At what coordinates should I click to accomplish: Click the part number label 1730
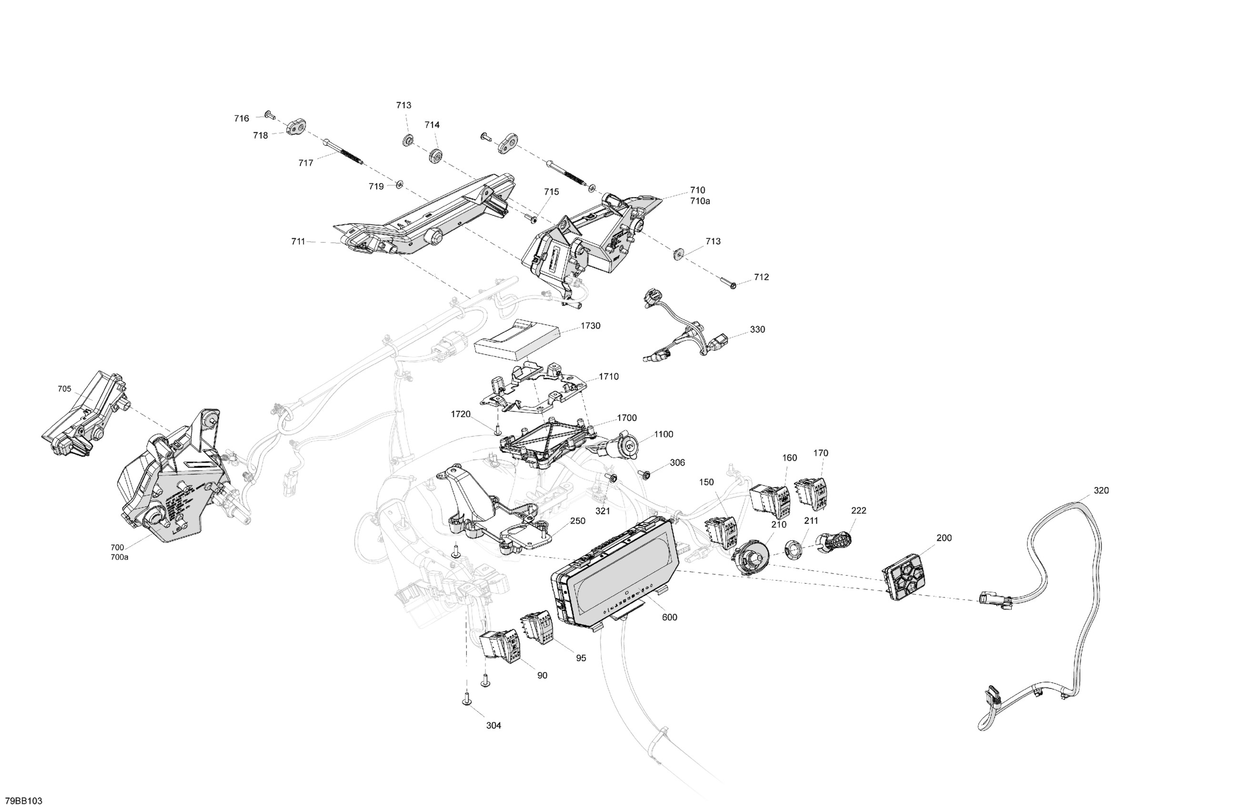[590, 326]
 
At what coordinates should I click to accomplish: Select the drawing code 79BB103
[24, 801]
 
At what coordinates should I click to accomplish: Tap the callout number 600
[669, 618]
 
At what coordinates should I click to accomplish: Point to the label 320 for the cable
[1101, 490]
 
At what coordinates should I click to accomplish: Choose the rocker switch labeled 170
[811, 494]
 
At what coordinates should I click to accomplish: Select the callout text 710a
[700, 201]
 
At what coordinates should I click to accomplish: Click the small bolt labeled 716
[270, 114]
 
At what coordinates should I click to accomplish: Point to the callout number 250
[577, 521]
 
